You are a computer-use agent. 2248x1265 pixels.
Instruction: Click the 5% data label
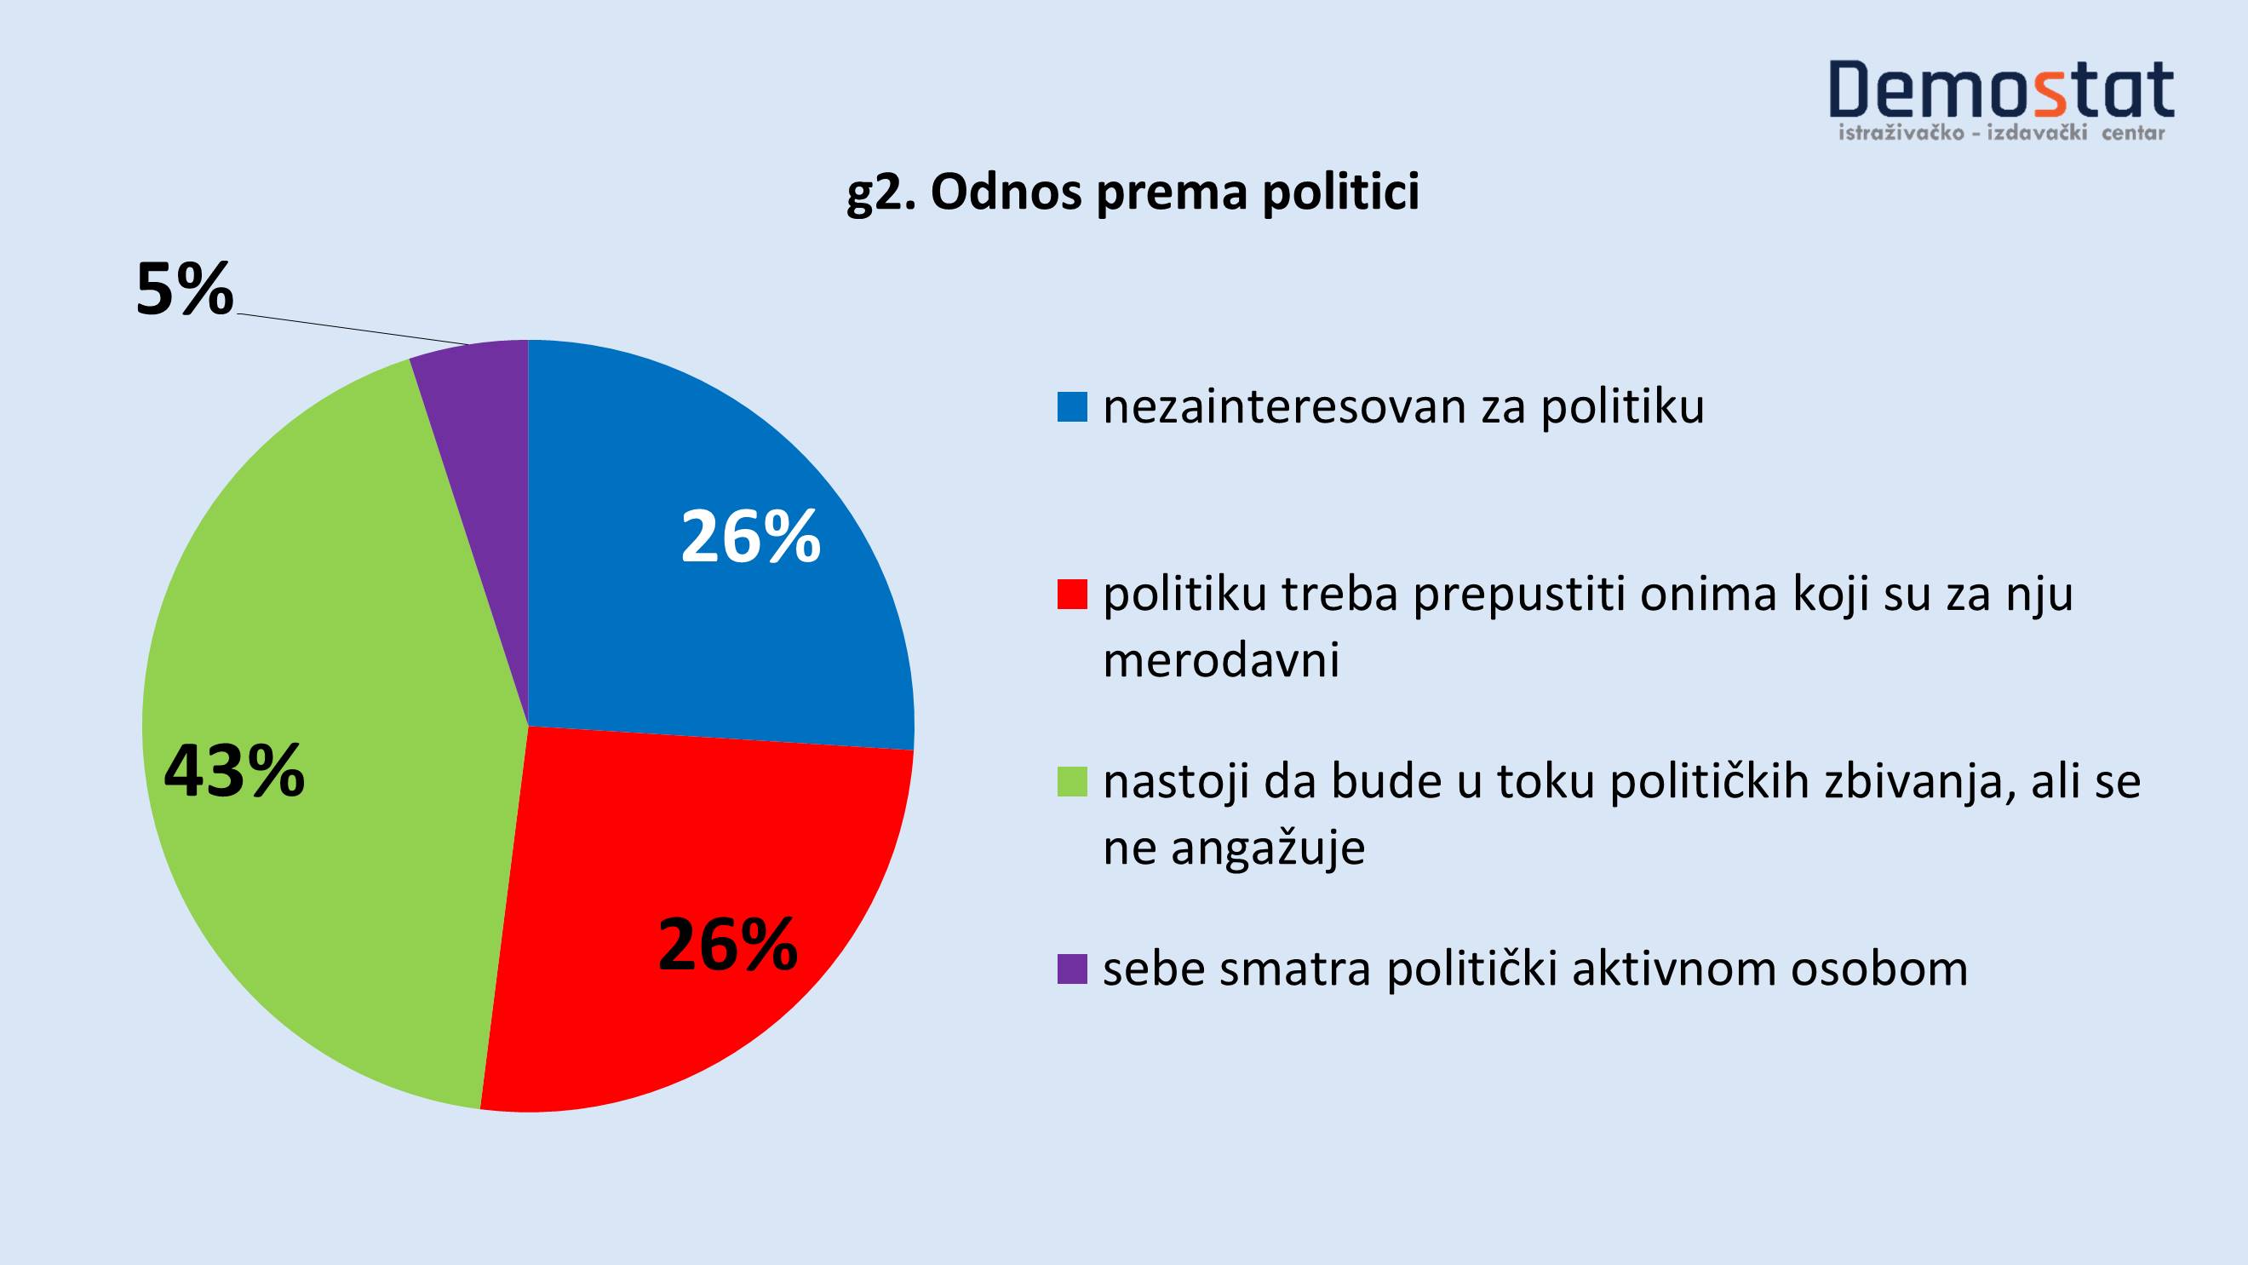[185, 289]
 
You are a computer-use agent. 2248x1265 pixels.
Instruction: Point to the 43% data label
[234, 771]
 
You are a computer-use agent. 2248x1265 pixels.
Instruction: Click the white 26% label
[750, 537]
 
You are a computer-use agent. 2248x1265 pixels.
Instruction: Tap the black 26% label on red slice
[728, 945]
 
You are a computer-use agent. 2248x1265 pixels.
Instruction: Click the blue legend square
[1073, 407]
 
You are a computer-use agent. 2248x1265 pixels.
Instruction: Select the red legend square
[1073, 595]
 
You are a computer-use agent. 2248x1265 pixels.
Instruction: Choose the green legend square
[1073, 781]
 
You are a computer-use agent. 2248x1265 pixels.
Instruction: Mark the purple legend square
[1073, 969]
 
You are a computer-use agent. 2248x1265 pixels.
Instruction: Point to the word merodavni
[1221, 660]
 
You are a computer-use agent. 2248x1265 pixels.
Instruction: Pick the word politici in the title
[1340, 192]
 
